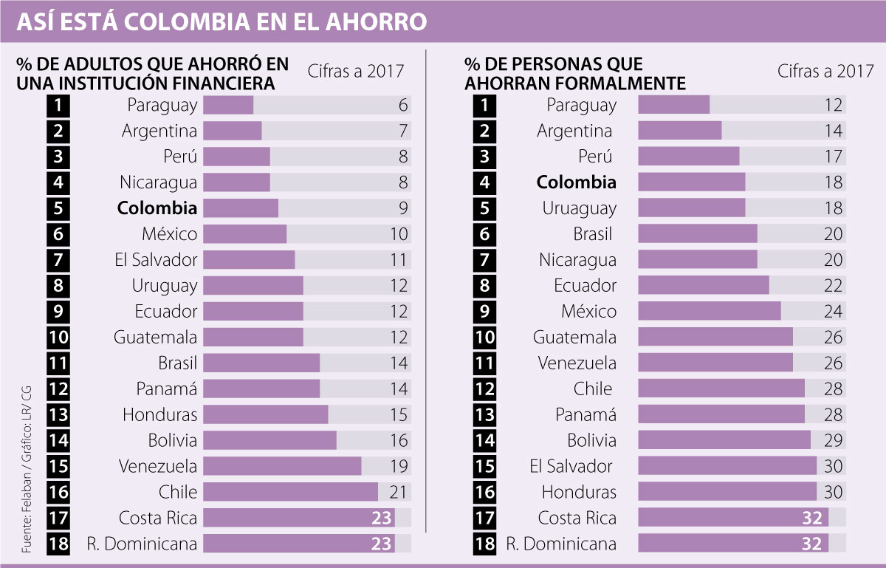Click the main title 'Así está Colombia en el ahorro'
click(221, 21)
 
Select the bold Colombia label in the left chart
click(157, 208)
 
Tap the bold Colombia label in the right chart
click(576, 182)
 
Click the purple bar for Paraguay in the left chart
click(228, 105)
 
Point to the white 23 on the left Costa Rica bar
click(382, 518)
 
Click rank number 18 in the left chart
click(59, 544)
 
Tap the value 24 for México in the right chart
click(833, 311)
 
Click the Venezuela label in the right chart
click(577, 363)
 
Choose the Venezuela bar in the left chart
click(282, 466)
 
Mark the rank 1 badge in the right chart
click(484, 105)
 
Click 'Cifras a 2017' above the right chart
click(825, 72)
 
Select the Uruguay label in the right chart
click(580, 208)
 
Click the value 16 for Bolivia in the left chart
click(399, 440)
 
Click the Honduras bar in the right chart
click(727, 492)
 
